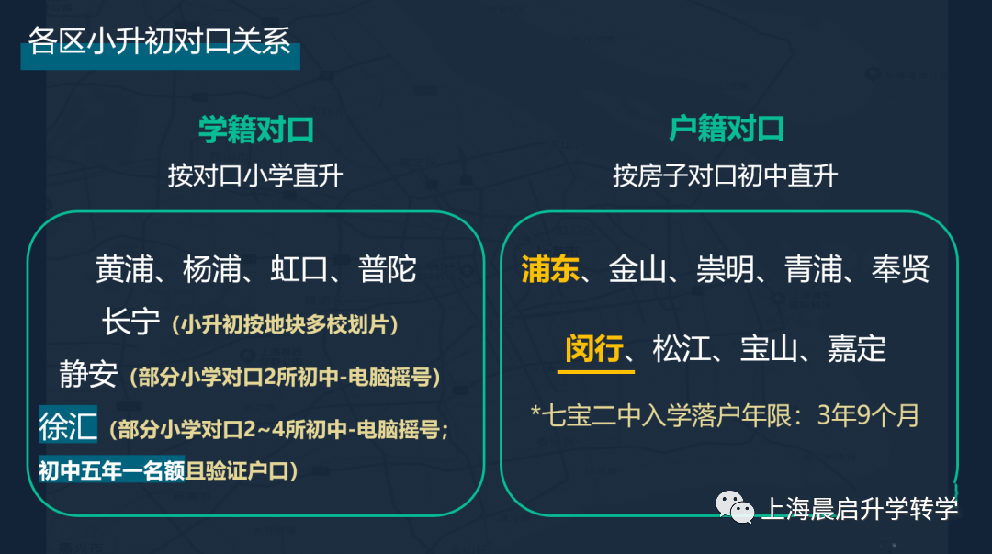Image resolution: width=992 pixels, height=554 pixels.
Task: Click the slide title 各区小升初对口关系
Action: coord(160,41)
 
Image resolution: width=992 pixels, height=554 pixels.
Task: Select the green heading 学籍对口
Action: coord(256,130)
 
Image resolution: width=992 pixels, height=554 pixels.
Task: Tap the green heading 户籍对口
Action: coord(727,129)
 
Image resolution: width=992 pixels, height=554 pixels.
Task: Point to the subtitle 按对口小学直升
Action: coord(255,175)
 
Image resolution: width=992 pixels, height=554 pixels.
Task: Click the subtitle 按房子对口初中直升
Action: coord(725,175)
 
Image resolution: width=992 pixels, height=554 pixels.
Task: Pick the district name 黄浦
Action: coord(125,270)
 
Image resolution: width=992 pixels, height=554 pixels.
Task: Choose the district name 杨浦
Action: coord(212,270)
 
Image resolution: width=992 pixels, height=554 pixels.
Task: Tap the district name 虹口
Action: coord(299,270)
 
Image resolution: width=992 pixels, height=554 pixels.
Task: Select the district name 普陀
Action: coord(388,270)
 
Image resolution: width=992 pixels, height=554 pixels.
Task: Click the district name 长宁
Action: coord(131,322)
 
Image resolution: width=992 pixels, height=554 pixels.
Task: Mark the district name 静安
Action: coord(88,374)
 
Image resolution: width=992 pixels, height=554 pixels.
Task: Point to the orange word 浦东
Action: coord(550,269)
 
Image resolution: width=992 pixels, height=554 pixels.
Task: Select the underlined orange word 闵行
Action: coord(594,349)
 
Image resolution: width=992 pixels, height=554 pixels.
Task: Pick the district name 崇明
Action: coord(726,269)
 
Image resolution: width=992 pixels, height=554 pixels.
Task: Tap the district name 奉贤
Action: coord(901,269)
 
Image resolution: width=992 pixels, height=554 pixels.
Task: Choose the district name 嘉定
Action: coord(857,349)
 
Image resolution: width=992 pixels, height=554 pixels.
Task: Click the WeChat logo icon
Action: coord(735,507)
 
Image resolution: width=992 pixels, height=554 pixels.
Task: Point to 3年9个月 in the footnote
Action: coord(868,416)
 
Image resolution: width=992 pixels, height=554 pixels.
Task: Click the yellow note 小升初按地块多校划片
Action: coord(285,325)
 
